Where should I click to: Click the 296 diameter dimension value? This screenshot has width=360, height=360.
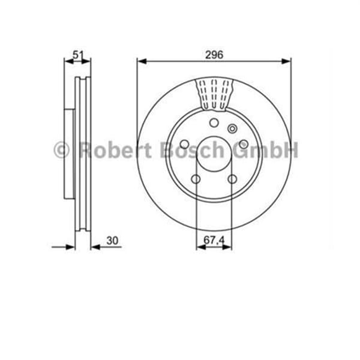pos(214,55)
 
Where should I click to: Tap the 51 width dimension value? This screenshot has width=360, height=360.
pos(77,55)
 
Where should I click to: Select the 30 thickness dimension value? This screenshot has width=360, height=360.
pos(112,241)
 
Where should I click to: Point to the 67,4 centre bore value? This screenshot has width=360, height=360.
pos(214,241)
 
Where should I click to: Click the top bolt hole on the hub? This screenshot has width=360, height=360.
pos(214,123)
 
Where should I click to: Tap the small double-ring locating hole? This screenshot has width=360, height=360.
pos(233,128)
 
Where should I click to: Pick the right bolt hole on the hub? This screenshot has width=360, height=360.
pos(243,144)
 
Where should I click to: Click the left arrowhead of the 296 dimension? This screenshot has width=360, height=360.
pos(141,60)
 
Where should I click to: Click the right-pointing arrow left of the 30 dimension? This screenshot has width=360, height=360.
pos(71,247)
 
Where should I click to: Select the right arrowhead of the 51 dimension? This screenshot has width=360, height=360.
pos(87,60)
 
